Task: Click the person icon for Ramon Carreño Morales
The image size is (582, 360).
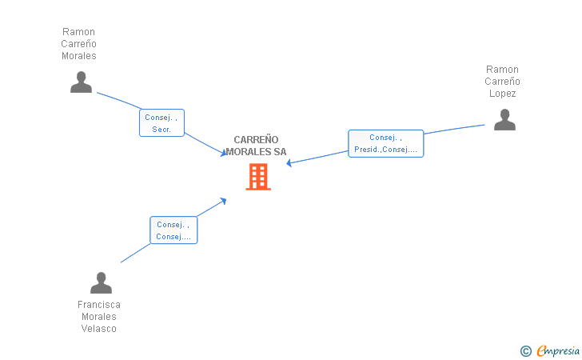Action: (81, 82)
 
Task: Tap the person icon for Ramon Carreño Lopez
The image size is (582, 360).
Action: (504, 119)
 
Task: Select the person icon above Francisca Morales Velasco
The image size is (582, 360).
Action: (101, 282)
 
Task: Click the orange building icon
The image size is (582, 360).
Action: (258, 177)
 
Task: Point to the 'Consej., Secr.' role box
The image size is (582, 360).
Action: (161, 123)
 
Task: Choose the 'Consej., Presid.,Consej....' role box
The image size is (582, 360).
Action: (385, 143)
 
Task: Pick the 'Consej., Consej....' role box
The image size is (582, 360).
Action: (173, 230)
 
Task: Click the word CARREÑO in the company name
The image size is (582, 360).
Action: (256, 140)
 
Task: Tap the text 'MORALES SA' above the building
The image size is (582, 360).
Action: (256, 151)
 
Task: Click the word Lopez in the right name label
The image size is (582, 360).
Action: (502, 94)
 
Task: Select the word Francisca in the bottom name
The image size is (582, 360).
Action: (99, 305)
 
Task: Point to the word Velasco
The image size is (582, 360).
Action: (99, 329)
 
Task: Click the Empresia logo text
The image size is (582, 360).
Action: (558, 350)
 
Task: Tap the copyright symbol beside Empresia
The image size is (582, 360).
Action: (526, 351)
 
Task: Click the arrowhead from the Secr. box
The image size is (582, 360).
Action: (224, 153)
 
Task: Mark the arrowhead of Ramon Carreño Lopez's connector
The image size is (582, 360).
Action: (289, 162)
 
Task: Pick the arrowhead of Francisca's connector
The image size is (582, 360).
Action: (224, 201)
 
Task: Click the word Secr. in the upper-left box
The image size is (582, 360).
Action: (161, 130)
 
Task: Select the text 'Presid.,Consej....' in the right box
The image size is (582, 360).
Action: (385, 150)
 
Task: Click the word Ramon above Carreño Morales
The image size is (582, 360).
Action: (78, 31)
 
